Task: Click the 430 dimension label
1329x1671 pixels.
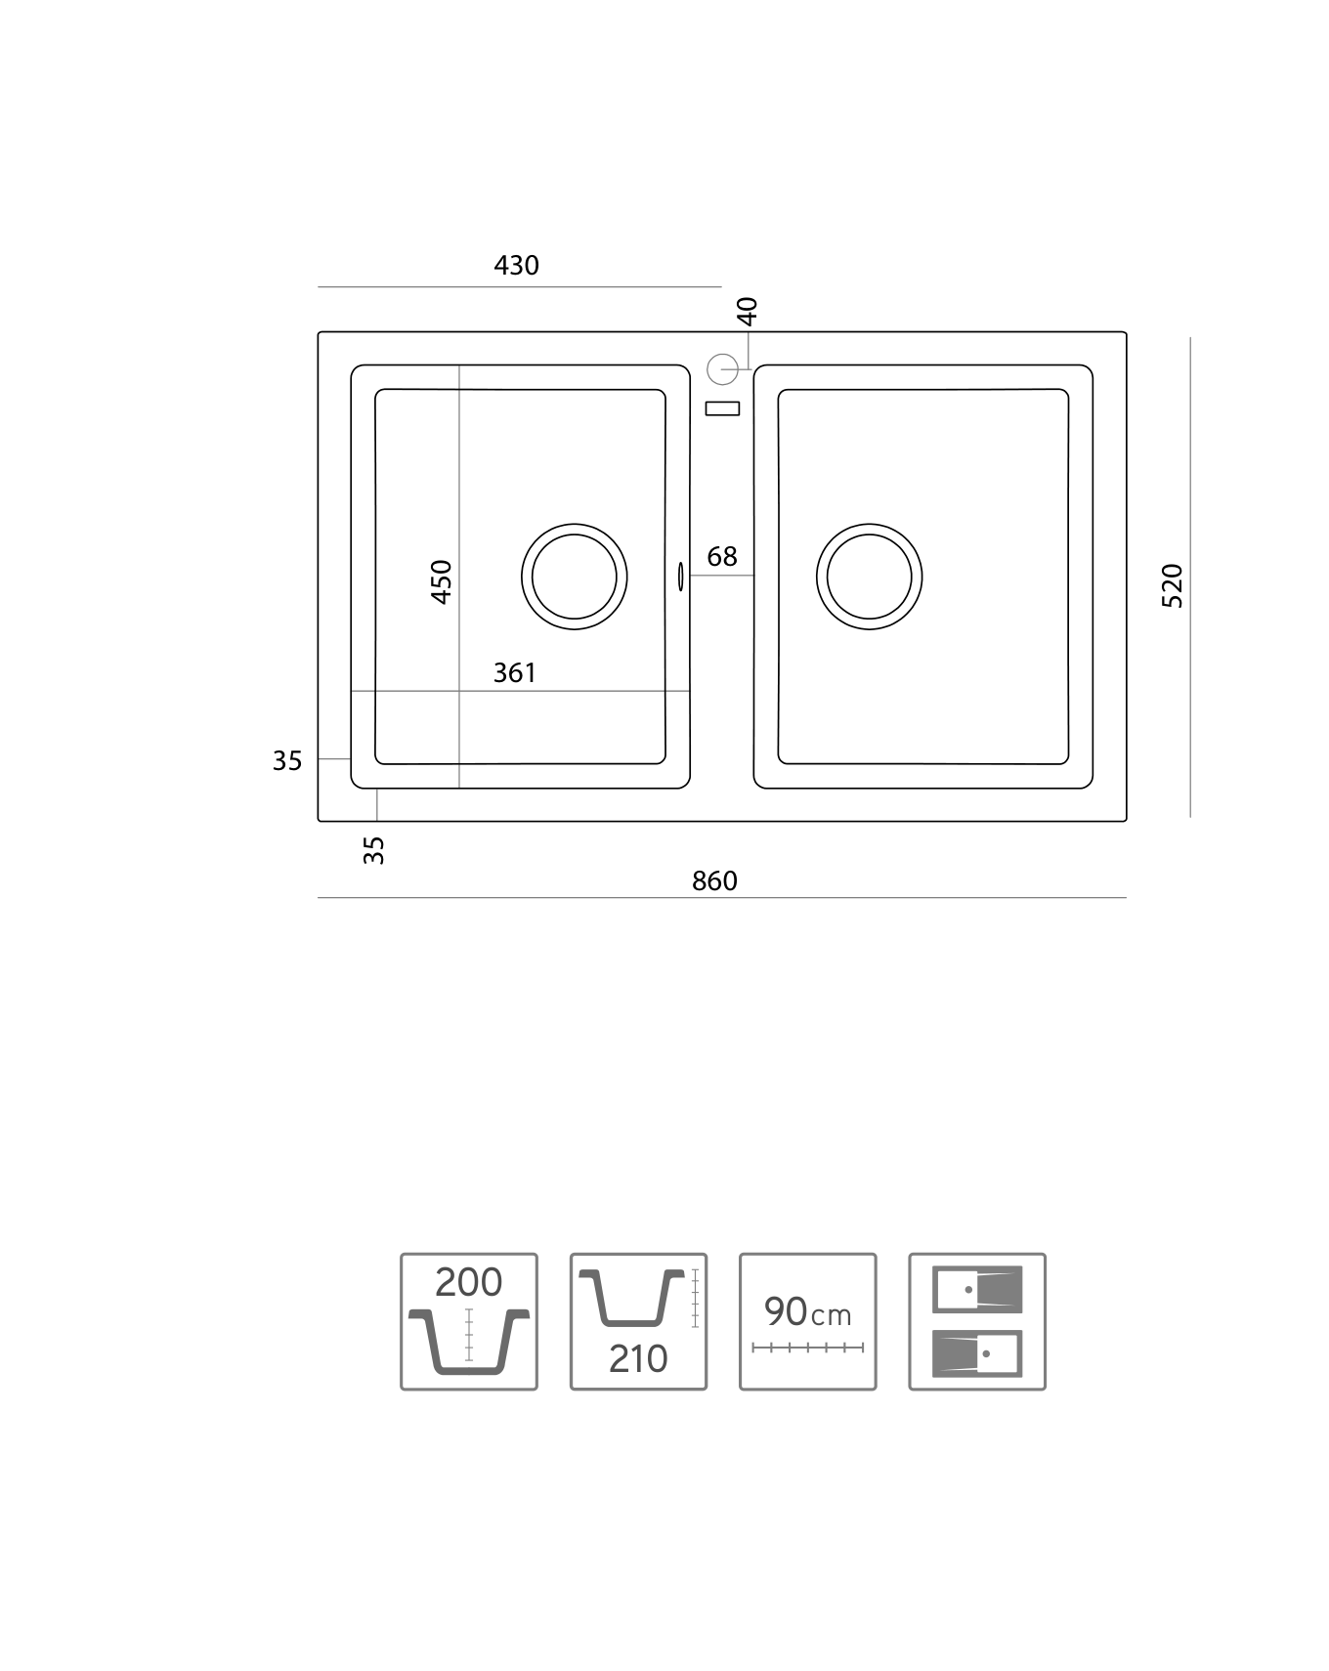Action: coord(516,265)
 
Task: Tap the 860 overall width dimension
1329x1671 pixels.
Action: coord(714,881)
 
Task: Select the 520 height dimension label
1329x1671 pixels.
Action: coord(1173,585)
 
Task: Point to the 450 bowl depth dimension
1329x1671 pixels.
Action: coord(442,581)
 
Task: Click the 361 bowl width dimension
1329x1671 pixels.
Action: coord(514,672)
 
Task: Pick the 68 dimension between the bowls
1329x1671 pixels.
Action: coord(722,556)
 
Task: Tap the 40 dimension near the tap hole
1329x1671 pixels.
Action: coord(748,311)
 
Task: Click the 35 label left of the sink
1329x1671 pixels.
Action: coord(287,760)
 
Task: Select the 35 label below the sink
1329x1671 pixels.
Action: coord(374,850)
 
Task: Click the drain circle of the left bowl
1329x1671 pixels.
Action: coord(575,524)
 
